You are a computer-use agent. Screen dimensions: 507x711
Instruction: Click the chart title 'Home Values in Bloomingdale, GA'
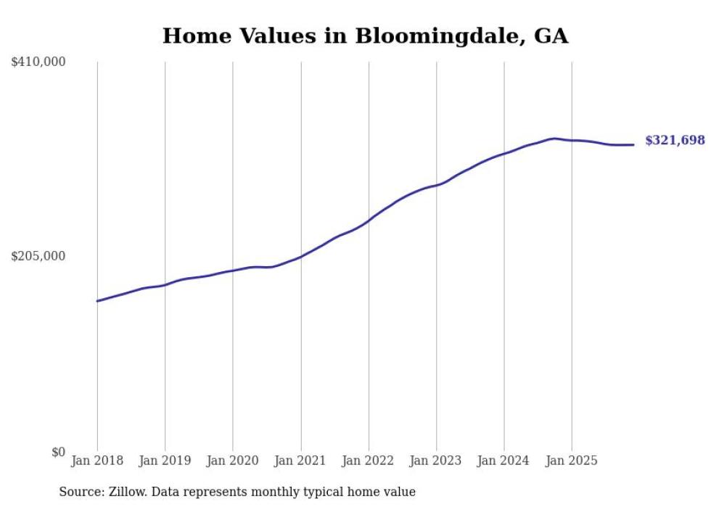pyautogui.click(x=365, y=36)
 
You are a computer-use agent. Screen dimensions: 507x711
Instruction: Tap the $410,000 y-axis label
pyautogui.click(x=38, y=62)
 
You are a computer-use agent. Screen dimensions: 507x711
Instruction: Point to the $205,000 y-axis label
pyautogui.click(x=38, y=256)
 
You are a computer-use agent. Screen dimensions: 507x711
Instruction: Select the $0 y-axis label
pyautogui.click(x=58, y=452)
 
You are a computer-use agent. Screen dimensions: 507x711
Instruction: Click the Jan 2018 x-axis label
pyautogui.click(x=97, y=461)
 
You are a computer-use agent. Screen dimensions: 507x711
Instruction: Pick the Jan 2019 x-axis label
pyautogui.click(x=165, y=461)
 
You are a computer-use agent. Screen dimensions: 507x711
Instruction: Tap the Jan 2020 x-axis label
pyautogui.click(x=233, y=461)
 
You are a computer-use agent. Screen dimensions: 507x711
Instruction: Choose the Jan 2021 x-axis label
pyautogui.click(x=300, y=461)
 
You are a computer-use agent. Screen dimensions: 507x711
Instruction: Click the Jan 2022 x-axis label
pyautogui.click(x=369, y=461)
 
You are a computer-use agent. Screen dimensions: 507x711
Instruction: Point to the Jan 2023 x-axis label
pyautogui.click(x=436, y=461)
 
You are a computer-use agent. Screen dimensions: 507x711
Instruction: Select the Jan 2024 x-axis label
pyautogui.click(x=504, y=461)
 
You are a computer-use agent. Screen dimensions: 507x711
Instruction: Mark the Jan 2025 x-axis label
pyautogui.click(x=572, y=461)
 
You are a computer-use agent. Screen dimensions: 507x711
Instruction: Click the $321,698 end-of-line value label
pyautogui.click(x=675, y=141)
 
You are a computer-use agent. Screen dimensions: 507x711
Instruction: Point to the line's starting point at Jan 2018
pyautogui.click(x=97, y=301)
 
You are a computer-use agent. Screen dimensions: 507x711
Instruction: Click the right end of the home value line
pyautogui.click(x=634, y=144)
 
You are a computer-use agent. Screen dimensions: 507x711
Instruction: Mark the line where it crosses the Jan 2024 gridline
pyautogui.click(x=504, y=153)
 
